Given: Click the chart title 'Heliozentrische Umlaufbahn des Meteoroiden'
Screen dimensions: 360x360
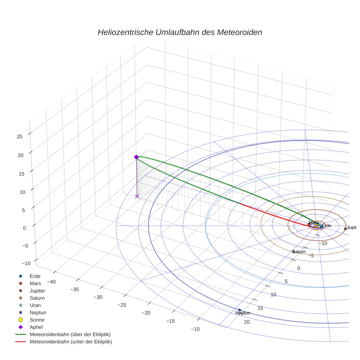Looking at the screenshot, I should tap(180, 32).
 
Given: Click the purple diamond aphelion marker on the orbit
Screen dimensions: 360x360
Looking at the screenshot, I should tap(136, 157).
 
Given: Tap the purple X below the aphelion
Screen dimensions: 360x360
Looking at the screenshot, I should tap(137, 196).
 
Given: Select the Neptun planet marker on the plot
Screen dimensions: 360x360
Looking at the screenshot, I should tap(240, 310).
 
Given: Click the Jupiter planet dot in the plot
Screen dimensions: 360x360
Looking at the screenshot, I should tap(345, 229).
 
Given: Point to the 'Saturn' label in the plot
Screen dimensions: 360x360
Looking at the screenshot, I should tap(299, 252).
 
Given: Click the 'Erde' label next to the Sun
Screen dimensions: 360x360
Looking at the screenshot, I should tap(326, 226).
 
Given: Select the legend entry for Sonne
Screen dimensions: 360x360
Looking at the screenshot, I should tap(37, 320).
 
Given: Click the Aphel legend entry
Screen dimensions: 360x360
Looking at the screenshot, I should tap(36, 327).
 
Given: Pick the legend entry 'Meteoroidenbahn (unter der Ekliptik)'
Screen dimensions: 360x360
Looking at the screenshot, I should tap(71, 342).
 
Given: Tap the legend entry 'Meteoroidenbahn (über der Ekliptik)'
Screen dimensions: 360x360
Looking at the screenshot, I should tap(70, 334).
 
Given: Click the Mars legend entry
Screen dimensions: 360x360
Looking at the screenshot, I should tap(35, 283).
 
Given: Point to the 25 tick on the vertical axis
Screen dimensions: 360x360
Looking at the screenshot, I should tap(19, 136).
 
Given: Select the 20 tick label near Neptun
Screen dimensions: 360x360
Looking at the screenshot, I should tap(247, 322).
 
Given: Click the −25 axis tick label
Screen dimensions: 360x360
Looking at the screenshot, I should tap(123, 305).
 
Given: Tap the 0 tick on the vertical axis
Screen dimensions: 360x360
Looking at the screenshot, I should tap(24, 228).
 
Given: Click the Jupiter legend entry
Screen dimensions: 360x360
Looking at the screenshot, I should tap(38, 290).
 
